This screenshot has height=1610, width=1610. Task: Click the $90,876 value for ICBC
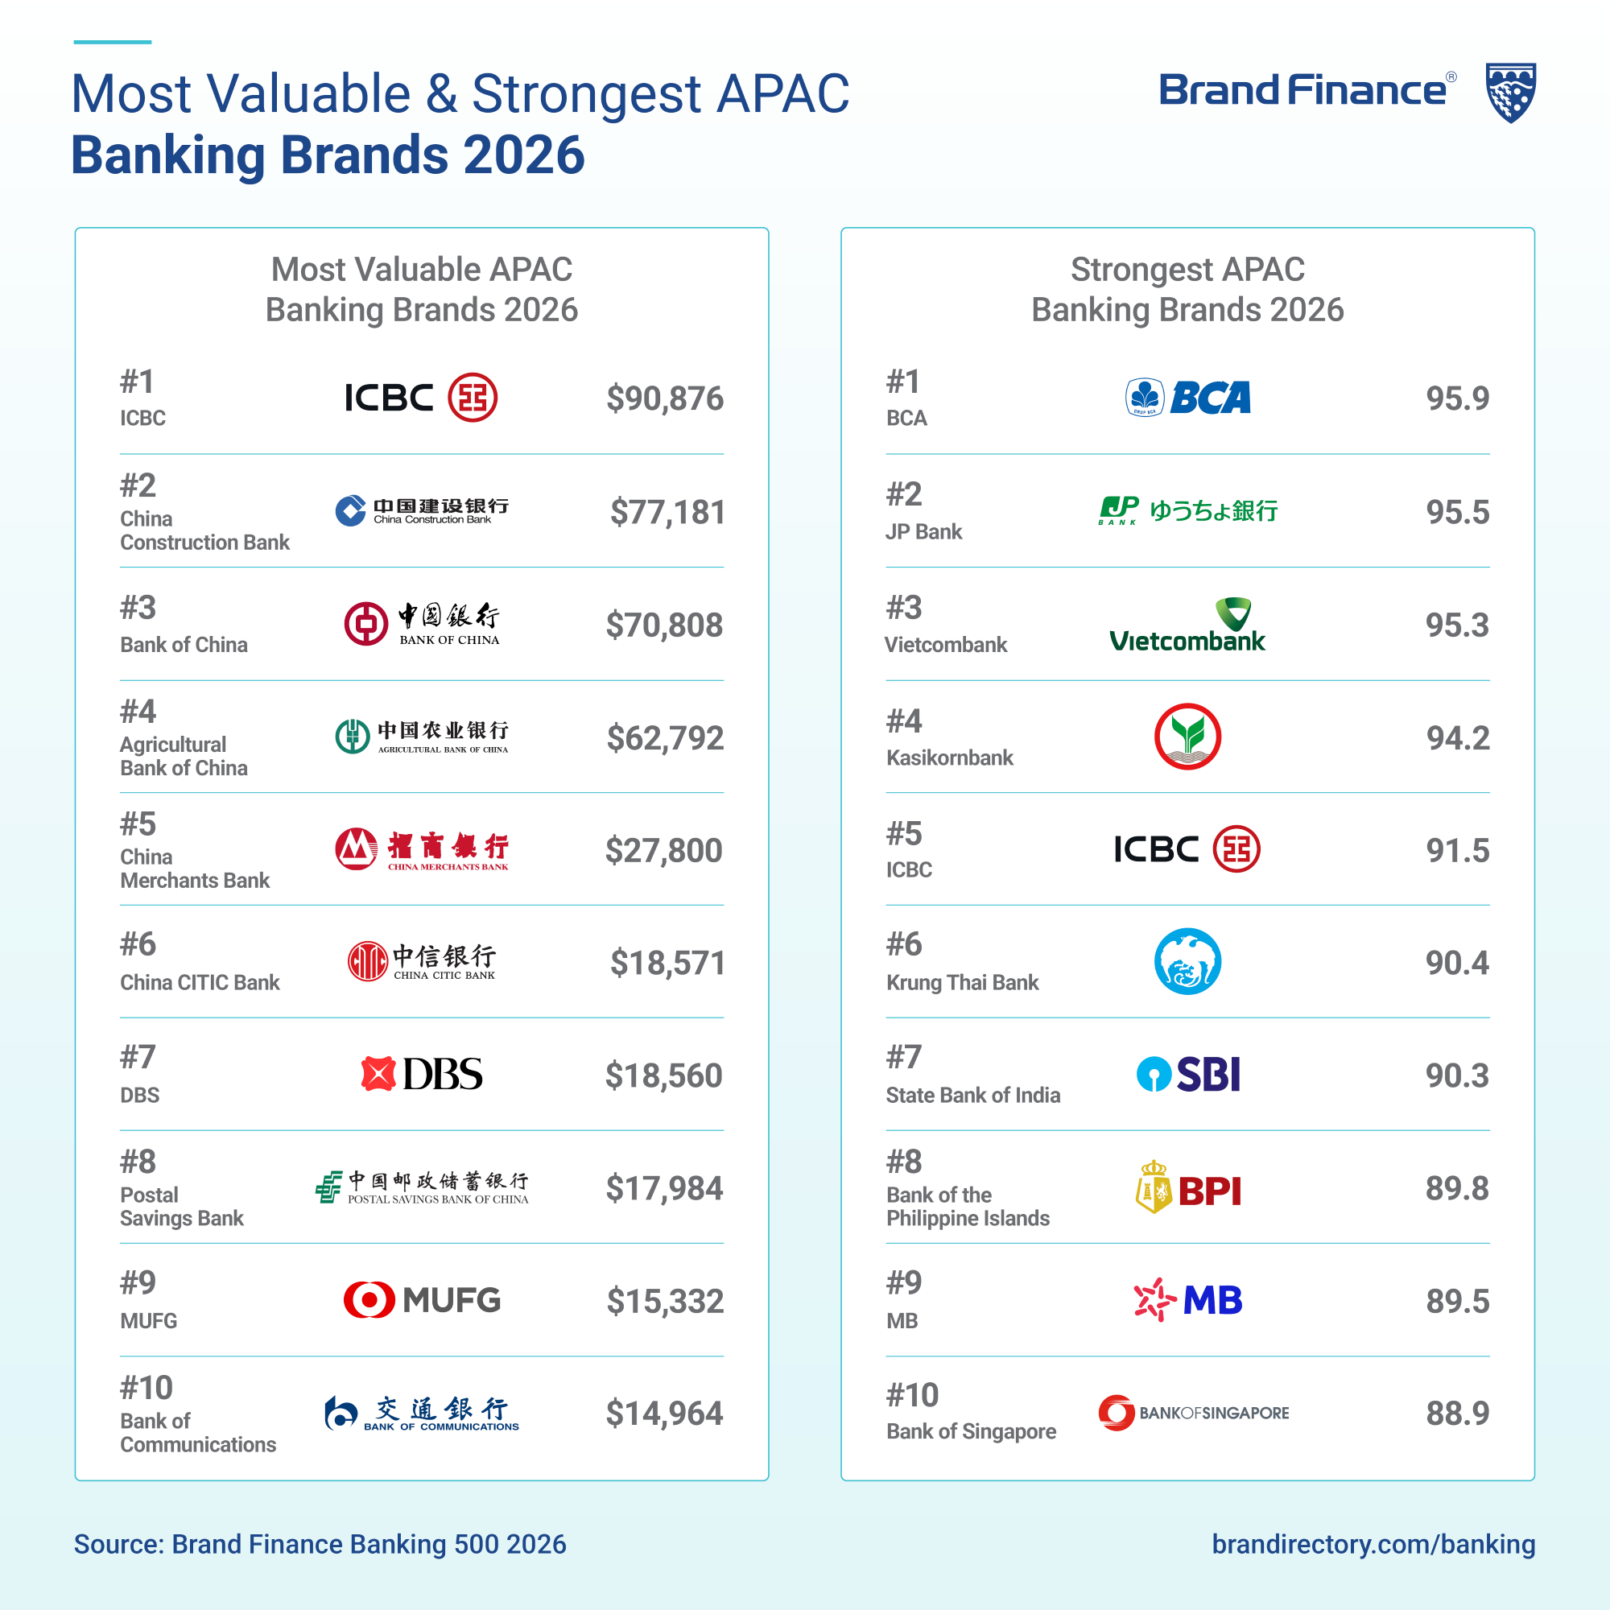pyautogui.click(x=664, y=398)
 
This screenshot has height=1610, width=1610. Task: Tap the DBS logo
pyautogui.click(x=422, y=1074)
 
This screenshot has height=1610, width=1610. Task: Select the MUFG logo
pyautogui.click(x=422, y=1300)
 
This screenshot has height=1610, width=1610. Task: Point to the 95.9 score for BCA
pyautogui.click(x=1457, y=398)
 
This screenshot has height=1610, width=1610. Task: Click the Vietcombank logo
pyautogui.click(x=1187, y=625)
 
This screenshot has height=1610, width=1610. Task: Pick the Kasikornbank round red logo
pyautogui.click(x=1187, y=737)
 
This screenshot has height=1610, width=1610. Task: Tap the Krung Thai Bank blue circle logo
pyautogui.click(x=1187, y=962)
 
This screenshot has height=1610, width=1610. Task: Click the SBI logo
pyautogui.click(x=1188, y=1074)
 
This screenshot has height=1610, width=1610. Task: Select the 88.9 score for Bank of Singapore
pyautogui.click(x=1457, y=1414)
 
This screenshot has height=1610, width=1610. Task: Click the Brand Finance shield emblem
pyautogui.click(x=1511, y=93)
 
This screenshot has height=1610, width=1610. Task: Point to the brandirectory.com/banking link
pyautogui.click(x=1373, y=1544)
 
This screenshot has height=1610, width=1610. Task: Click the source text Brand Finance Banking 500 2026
pyautogui.click(x=320, y=1544)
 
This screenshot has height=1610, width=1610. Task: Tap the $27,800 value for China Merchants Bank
pyautogui.click(x=663, y=850)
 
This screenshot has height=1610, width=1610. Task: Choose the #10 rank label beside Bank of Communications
pyautogui.click(x=146, y=1389)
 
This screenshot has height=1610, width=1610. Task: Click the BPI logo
pyautogui.click(x=1188, y=1187)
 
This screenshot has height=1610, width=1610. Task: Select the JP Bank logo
pyautogui.click(x=1187, y=510)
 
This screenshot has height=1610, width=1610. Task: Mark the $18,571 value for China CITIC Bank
pyautogui.click(x=667, y=963)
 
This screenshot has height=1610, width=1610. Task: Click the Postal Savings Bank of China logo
pyautogui.click(x=422, y=1187)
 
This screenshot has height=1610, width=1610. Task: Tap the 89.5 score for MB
pyautogui.click(x=1457, y=1301)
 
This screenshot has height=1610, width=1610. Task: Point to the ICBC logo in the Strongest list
pyautogui.click(x=1187, y=849)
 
